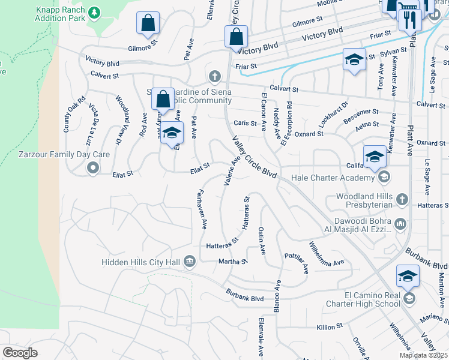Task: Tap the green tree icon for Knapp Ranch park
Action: tap(94, 13)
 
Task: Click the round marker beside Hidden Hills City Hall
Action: tap(190, 261)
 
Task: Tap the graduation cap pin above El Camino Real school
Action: tap(407, 277)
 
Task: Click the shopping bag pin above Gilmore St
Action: tap(147, 24)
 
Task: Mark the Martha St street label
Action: tap(233, 262)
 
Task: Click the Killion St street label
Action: tap(330, 327)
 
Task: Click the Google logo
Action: tap(20, 353)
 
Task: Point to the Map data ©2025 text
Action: tap(423, 355)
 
